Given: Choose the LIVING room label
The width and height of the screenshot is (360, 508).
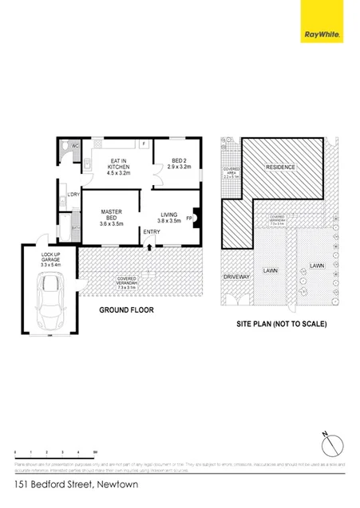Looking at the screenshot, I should tap(168, 218).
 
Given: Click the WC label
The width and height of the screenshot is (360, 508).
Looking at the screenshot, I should tap(76, 146).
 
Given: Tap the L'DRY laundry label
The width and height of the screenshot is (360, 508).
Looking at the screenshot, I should tap(72, 194).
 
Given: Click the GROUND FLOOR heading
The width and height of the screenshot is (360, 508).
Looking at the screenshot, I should tap(126, 309).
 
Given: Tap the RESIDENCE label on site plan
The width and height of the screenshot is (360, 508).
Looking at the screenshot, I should tap(280, 167).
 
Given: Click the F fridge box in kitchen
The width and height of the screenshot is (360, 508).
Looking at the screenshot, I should tap(143, 144).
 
